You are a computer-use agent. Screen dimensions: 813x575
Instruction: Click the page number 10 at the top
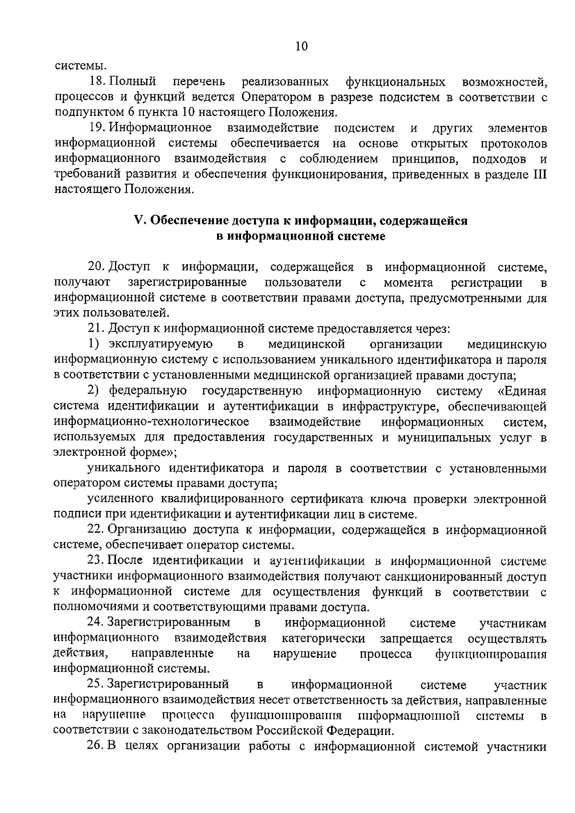301,46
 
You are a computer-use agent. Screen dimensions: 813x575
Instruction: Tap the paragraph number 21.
96,328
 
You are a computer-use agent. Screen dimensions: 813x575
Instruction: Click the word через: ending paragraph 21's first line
431,328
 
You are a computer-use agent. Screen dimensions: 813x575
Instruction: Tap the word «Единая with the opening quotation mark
522,391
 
